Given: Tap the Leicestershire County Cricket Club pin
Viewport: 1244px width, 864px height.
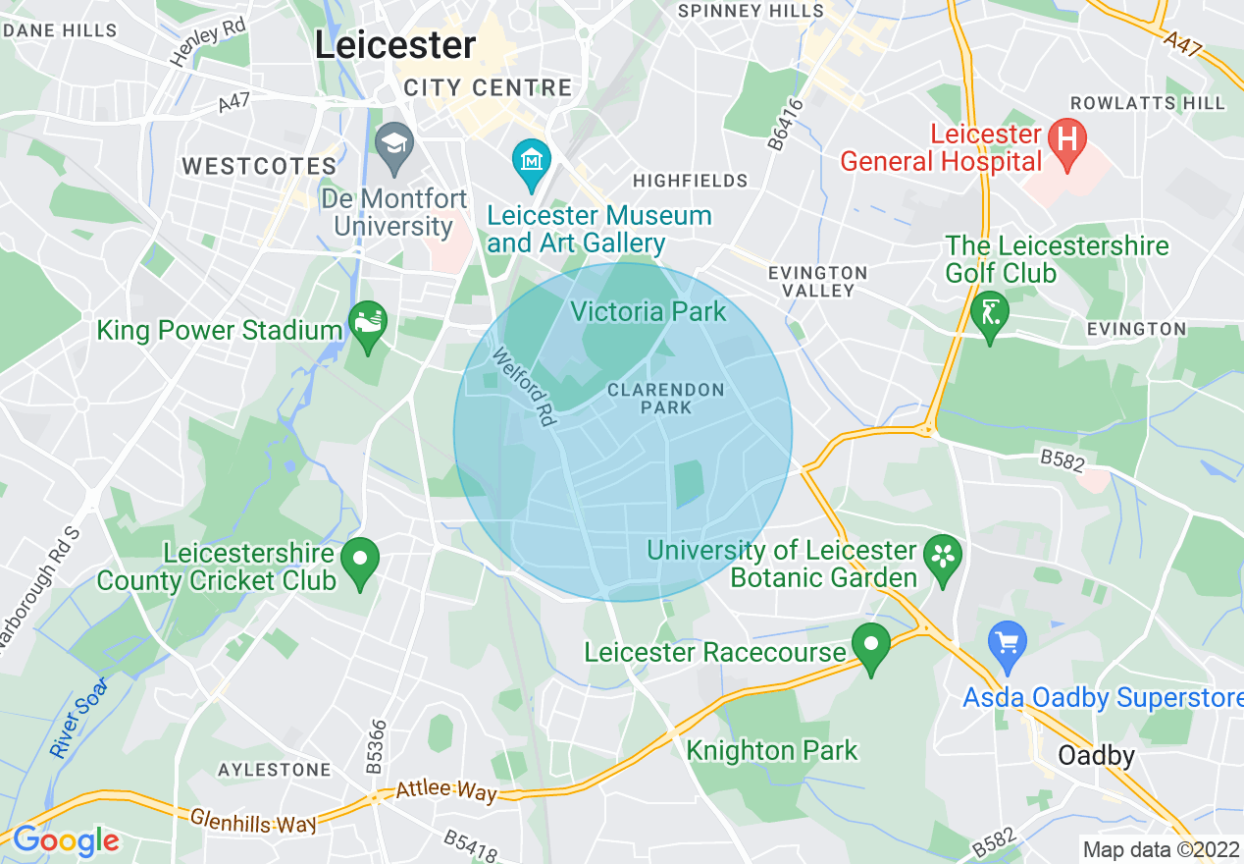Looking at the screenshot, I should (x=360, y=561).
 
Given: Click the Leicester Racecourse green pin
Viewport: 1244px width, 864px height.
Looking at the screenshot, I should (x=870, y=645).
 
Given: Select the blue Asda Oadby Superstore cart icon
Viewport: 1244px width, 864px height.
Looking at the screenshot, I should (x=1007, y=642).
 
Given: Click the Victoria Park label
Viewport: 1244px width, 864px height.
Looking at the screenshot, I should (x=648, y=312).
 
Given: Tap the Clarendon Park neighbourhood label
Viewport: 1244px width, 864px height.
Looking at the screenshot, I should (x=665, y=398).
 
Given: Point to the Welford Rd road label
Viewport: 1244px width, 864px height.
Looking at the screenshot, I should (x=525, y=387).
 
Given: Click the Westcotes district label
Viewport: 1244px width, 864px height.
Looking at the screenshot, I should (x=259, y=166).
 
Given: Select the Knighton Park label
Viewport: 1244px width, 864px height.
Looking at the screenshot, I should (x=771, y=751).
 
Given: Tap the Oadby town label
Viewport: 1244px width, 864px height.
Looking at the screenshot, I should (x=1096, y=756).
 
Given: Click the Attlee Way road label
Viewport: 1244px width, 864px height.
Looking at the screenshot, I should (x=446, y=789).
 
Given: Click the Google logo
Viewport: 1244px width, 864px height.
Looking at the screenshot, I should (x=66, y=840).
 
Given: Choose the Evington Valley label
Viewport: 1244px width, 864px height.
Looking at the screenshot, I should (x=818, y=282).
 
